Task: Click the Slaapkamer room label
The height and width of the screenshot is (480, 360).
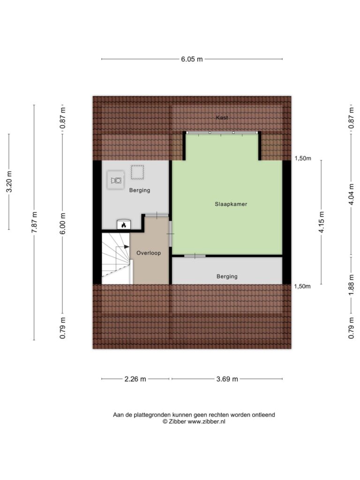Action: point(231,204)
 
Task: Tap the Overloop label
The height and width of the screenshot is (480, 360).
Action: point(149,253)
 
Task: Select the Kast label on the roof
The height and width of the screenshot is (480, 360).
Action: point(222,118)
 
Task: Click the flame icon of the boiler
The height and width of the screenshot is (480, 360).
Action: point(124,225)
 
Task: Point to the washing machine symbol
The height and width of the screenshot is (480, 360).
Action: point(116,180)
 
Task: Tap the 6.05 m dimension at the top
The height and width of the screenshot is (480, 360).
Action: point(192,59)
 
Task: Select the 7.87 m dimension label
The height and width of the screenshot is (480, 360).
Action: point(34,222)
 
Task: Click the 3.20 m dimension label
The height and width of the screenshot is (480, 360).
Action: point(9,182)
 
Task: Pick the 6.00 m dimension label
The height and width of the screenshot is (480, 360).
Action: point(63,224)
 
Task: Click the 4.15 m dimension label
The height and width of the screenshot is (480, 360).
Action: point(322,222)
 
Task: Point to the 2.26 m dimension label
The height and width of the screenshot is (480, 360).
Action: point(135,379)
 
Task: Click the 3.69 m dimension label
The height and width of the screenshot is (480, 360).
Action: point(227,379)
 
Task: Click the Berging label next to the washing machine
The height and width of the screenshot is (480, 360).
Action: point(140,190)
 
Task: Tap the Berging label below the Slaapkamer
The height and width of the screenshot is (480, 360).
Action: point(227,277)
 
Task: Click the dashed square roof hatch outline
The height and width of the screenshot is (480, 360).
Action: point(137,172)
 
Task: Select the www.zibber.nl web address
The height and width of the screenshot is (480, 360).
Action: point(206,421)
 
